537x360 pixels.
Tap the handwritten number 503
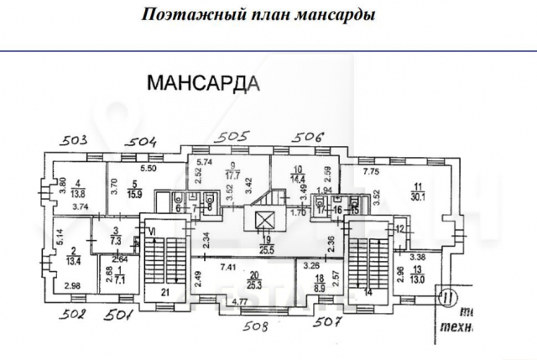76,140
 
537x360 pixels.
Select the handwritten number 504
142,141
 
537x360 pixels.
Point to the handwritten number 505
236,136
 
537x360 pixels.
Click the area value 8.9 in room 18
320,286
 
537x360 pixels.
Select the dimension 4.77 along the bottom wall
217,300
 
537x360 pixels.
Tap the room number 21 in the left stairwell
166,291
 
